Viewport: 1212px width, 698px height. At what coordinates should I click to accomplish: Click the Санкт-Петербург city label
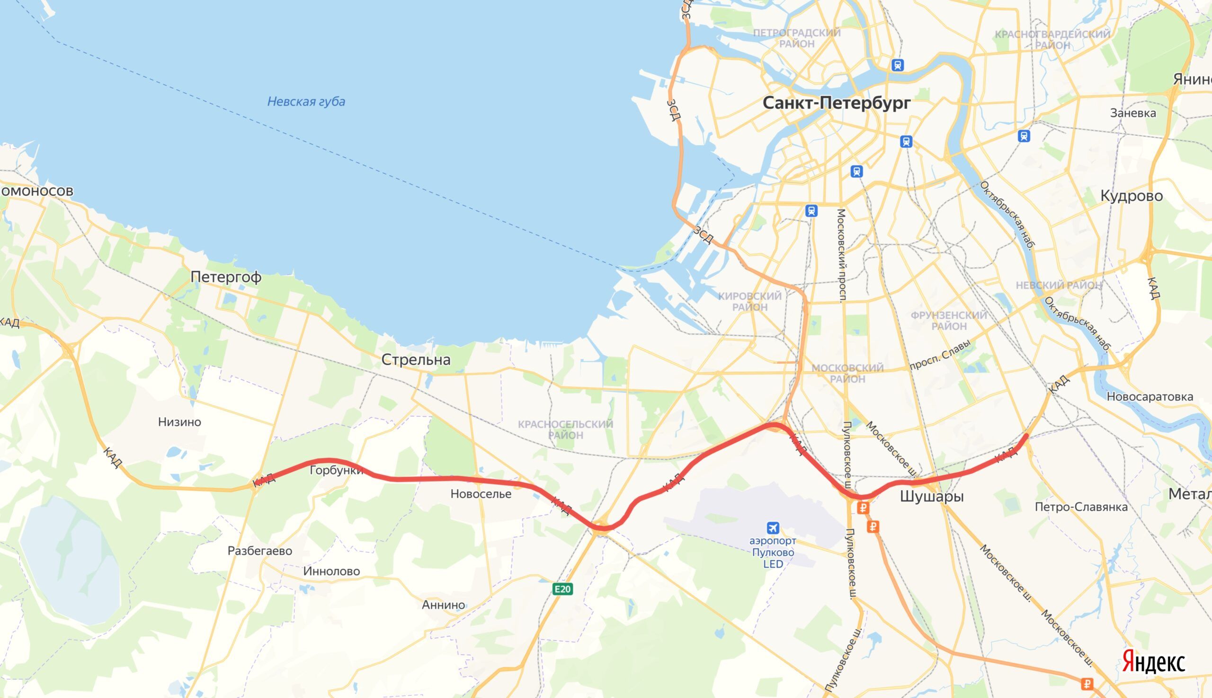(836, 103)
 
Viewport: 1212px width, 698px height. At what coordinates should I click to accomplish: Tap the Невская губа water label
(306, 102)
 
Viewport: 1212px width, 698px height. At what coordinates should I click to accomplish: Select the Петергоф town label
(226, 277)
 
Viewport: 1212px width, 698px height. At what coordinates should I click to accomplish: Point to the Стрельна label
(416, 359)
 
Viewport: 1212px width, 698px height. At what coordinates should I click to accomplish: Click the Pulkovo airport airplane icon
(773, 528)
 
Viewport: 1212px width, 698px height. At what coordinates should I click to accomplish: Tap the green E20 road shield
(562, 589)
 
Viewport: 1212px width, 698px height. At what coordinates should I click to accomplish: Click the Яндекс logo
(1153, 662)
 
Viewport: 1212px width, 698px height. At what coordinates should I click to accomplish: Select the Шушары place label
(932, 496)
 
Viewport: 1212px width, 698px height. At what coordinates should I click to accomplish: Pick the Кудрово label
(1131, 196)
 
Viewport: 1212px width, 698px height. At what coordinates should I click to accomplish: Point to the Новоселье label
(481, 494)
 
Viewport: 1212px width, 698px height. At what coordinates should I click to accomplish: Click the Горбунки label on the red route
(336, 470)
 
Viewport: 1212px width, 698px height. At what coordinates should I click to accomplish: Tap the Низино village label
(180, 422)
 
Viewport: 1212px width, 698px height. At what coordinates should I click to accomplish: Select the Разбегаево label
(260, 551)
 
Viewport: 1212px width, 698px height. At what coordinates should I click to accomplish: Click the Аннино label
(443, 605)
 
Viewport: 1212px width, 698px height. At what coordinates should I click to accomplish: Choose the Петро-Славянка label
(1081, 507)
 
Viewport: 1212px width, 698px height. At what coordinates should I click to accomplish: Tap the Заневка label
(1133, 113)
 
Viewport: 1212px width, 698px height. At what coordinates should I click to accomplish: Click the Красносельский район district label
(565, 430)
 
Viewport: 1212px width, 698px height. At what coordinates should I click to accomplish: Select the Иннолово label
(331, 571)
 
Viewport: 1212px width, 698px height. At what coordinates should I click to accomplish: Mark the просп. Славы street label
(940, 355)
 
